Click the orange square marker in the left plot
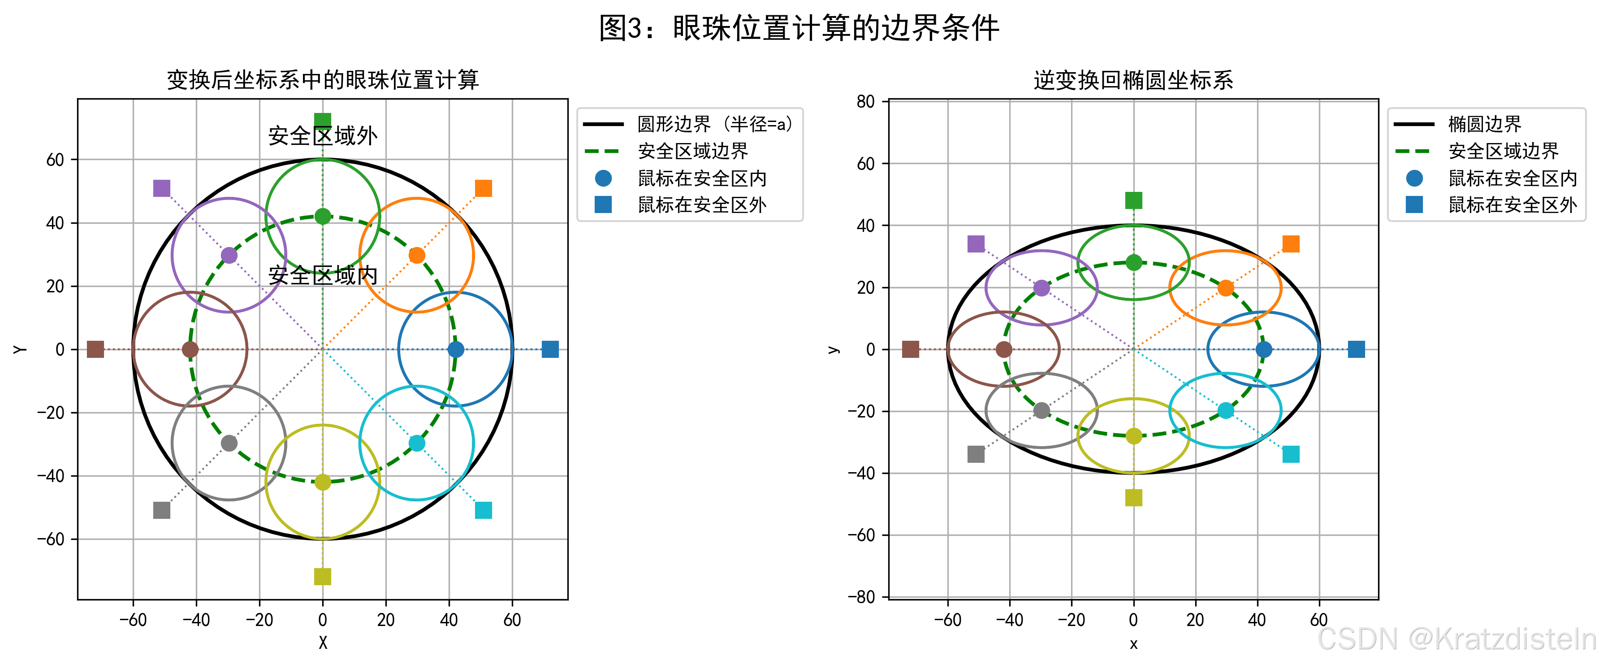[483, 188]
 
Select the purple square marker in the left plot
[161, 188]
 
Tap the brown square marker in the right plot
[910, 350]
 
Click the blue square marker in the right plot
[1356, 350]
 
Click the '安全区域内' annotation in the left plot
[323, 275]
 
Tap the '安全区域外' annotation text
[323, 135]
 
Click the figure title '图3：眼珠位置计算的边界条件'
[799, 28]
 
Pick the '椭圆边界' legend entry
[1484, 124]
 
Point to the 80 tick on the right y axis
[865, 102]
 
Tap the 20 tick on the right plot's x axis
[1195, 620]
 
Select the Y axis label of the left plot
[20, 350]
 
